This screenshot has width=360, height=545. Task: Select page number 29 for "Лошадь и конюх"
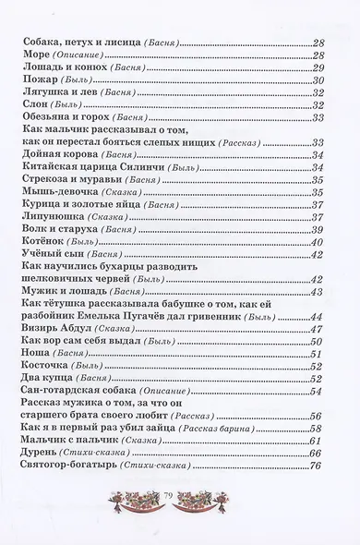(x=319, y=68)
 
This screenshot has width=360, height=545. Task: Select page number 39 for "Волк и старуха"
(x=319, y=230)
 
